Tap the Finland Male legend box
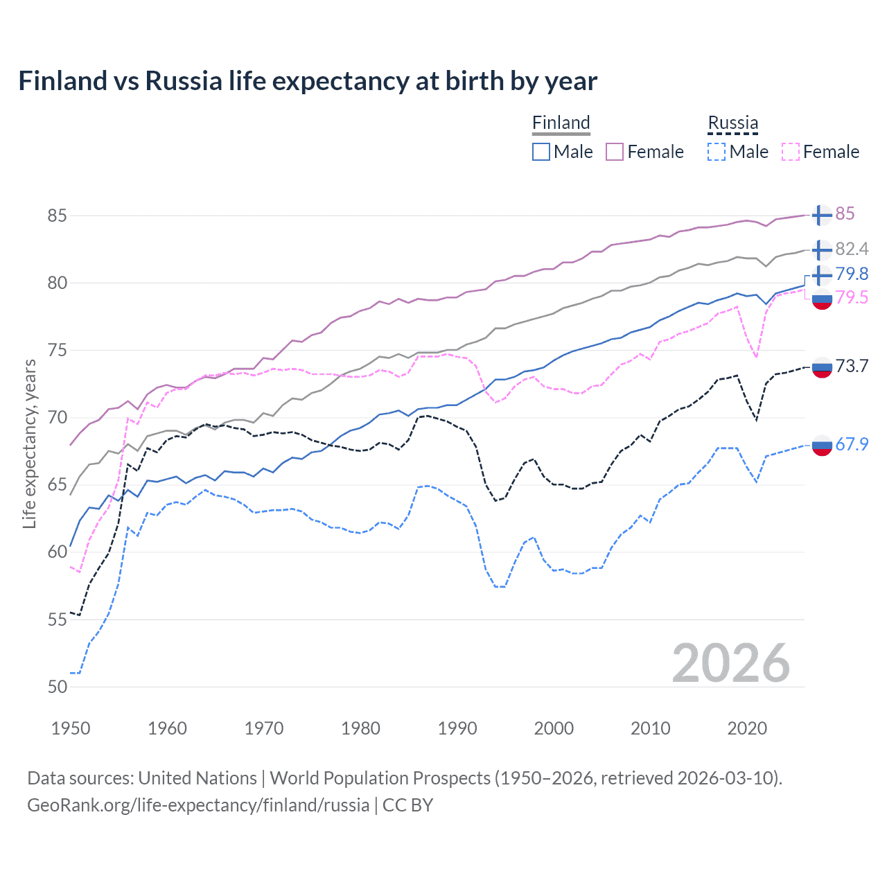click(x=541, y=152)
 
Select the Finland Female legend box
click(x=615, y=152)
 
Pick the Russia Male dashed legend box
click(x=717, y=152)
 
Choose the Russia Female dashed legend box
click(x=791, y=152)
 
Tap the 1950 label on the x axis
click(x=71, y=728)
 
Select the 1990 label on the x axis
click(x=457, y=728)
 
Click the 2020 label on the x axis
click(x=747, y=728)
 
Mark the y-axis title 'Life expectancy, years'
click(x=29, y=443)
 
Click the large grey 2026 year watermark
click(x=731, y=663)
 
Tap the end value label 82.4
click(x=852, y=249)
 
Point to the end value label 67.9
click(x=852, y=444)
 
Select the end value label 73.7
click(x=852, y=366)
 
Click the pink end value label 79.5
click(x=852, y=298)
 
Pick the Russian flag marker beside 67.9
click(x=822, y=445)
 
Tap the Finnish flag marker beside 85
click(x=822, y=215)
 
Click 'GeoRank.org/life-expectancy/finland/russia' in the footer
click(x=198, y=805)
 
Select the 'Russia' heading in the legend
click(x=732, y=123)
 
